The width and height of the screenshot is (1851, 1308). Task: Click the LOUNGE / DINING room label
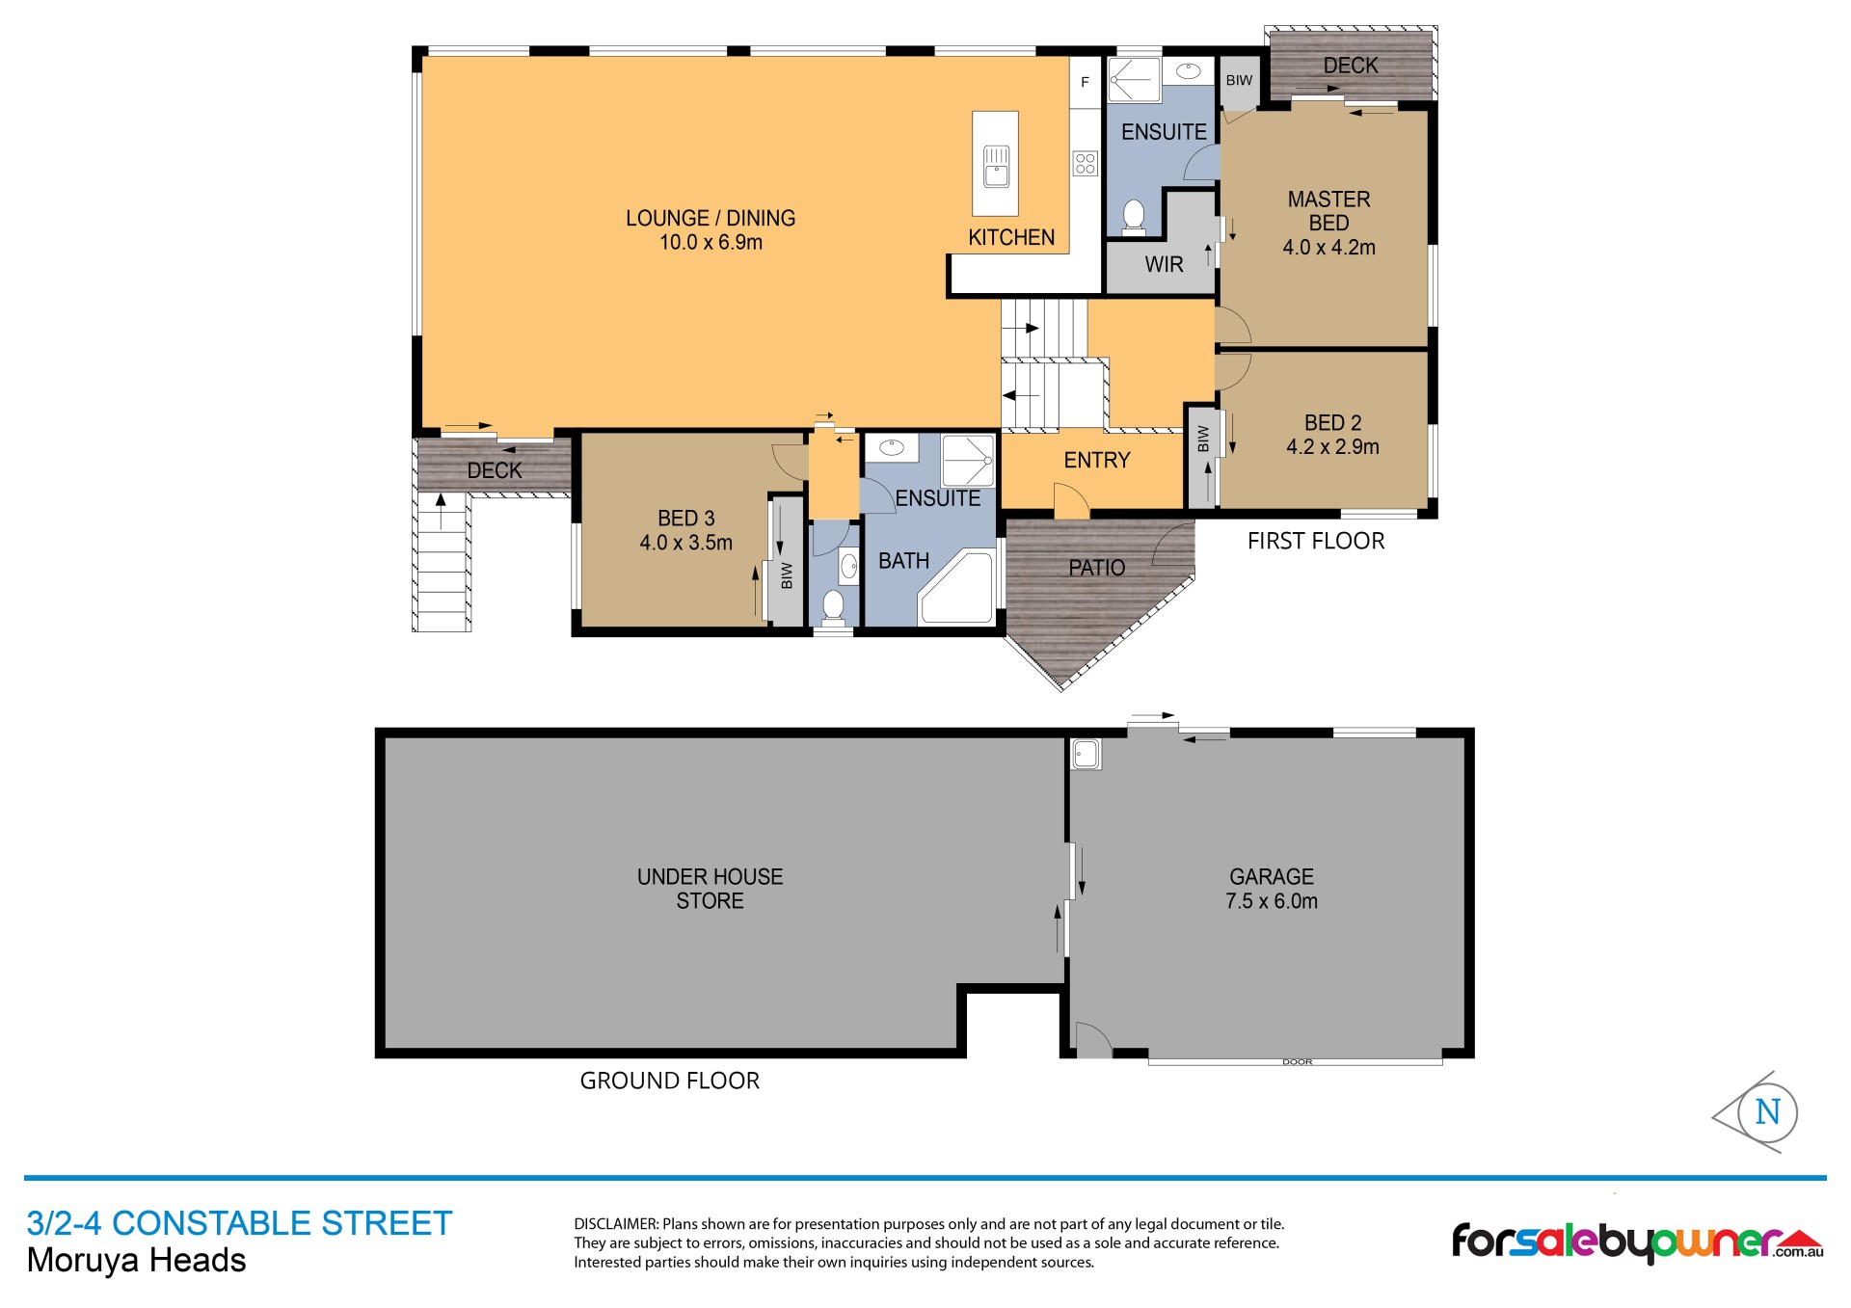click(x=711, y=218)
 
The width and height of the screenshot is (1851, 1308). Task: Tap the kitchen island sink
click(x=996, y=166)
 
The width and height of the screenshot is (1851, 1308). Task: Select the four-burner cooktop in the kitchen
click(x=1086, y=163)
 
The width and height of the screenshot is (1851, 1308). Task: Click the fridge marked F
click(x=1085, y=82)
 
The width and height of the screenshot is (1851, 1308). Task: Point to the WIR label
click(x=1164, y=264)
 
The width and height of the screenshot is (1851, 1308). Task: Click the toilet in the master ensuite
click(x=1134, y=217)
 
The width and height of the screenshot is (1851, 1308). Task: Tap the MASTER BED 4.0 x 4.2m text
click(x=1328, y=223)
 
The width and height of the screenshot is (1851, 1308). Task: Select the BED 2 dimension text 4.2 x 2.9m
click(x=1332, y=447)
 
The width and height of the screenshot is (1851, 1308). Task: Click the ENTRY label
click(x=1096, y=461)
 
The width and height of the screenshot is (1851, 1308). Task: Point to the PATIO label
click(x=1096, y=568)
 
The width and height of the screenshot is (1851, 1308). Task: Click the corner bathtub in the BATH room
click(x=956, y=587)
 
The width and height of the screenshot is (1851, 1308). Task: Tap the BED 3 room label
click(x=685, y=519)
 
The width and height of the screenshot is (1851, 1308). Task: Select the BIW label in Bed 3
click(x=787, y=575)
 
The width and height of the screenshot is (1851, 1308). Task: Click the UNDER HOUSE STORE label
click(x=710, y=889)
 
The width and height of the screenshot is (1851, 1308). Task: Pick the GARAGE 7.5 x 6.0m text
click(x=1271, y=889)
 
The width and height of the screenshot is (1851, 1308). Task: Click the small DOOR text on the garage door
click(x=1297, y=1062)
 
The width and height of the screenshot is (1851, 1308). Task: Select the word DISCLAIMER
click(x=615, y=1225)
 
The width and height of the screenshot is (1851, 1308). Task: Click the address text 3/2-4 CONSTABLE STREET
click(x=239, y=1223)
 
